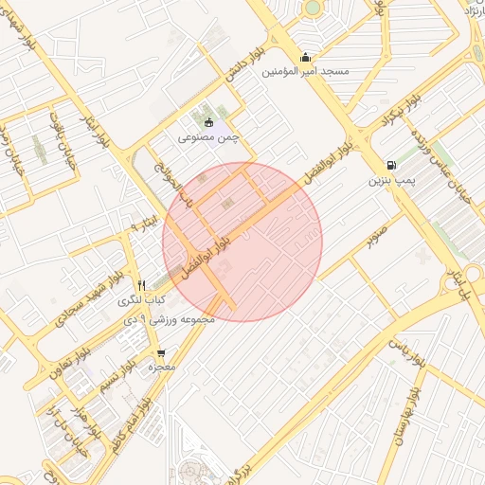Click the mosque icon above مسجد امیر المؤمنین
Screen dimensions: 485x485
point(304,56)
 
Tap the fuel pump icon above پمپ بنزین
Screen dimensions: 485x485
point(391,163)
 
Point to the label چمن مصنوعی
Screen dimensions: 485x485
point(209,137)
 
